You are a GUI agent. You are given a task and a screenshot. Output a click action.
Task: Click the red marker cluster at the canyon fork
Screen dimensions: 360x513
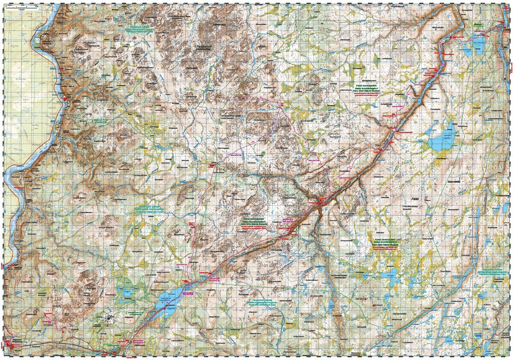click(320, 202)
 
